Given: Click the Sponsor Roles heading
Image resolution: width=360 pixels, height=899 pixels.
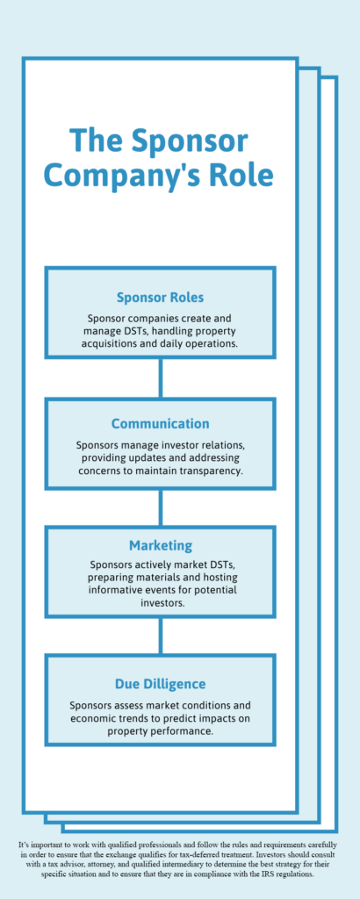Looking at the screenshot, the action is (x=161, y=298).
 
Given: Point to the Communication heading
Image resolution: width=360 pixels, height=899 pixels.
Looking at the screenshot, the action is (x=161, y=424).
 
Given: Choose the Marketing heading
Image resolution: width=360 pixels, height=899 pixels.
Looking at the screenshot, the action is (x=161, y=544).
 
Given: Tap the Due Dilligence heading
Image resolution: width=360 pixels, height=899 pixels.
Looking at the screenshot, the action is (x=161, y=684).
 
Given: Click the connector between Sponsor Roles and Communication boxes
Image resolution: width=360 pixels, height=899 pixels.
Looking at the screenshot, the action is (x=161, y=378).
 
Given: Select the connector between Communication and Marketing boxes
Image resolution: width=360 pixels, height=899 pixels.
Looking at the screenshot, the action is (x=161, y=508).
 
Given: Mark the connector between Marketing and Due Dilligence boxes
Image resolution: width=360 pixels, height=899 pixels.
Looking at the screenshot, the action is (x=161, y=636).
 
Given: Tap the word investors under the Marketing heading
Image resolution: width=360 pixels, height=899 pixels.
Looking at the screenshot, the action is (x=161, y=603).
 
